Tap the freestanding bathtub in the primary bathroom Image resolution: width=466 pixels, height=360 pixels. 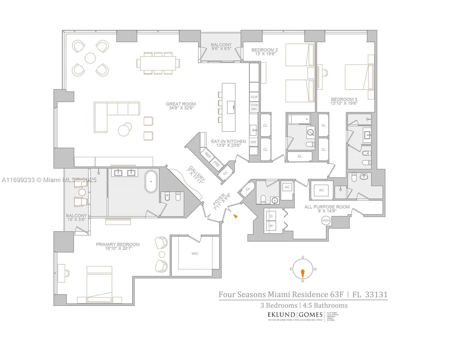(x=151, y=181)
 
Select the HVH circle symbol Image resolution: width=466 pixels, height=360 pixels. (x=326, y=220)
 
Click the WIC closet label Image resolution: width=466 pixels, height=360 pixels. (x=195, y=253)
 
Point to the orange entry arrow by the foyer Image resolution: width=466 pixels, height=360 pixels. (x=236, y=216)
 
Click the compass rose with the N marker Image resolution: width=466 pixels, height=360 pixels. (x=302, y=269)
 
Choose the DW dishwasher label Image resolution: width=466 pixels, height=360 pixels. (x=254, y=142)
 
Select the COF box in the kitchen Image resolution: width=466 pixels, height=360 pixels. (x=254, y=97)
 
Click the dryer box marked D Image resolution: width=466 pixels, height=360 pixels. (x=271, y=216)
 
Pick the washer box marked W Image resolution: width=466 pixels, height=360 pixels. (x=271, y=226)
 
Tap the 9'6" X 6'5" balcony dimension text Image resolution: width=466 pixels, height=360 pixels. (x=221, y=49)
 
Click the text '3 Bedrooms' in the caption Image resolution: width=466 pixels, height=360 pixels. (x=278, y=305)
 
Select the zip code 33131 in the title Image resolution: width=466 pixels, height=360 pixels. (x=376, y=294)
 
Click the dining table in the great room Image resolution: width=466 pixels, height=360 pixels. (x=158, y=63)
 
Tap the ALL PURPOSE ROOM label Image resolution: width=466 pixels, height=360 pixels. (x=327, y=207)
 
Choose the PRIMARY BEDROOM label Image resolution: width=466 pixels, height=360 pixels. (x=118, y=244)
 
